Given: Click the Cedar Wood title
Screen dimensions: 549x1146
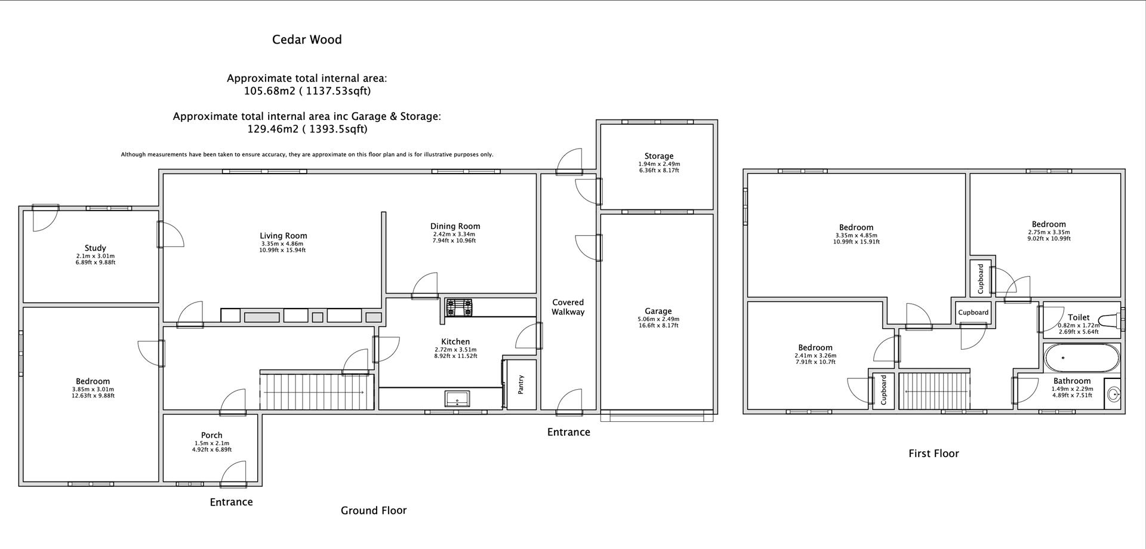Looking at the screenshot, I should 307,40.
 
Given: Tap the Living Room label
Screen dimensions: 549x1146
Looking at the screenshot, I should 283,236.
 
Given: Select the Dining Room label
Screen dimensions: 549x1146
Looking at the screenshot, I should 455,226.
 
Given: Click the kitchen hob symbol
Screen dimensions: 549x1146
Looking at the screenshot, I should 459,308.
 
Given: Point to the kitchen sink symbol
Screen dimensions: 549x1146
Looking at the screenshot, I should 457,398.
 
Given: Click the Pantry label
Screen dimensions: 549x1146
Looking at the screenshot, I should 520,384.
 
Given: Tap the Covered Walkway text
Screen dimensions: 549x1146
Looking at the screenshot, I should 568,307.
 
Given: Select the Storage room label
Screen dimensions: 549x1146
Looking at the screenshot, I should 658,156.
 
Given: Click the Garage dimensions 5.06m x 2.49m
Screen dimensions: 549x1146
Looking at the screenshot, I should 658,319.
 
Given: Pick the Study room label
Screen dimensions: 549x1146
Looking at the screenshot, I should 95,248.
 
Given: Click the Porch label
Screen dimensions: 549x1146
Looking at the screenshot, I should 211,435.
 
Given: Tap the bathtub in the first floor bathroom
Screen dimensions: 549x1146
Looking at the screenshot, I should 1082,358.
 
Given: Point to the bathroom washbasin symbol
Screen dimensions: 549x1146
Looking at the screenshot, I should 1113,394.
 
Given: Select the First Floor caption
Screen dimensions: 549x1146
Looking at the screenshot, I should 934,454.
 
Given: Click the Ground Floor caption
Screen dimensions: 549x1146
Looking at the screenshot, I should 373,510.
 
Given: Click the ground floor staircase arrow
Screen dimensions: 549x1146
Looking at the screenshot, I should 314,392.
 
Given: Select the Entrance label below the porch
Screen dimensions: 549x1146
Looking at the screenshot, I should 231,502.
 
